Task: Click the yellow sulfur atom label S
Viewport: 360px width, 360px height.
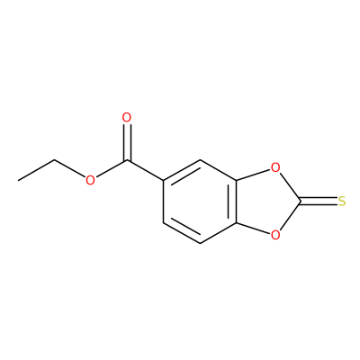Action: click(x=342, y=202)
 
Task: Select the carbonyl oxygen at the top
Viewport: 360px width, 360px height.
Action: click(x=127, y=118)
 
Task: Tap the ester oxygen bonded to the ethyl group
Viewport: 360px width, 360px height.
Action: click(x=90, y=180)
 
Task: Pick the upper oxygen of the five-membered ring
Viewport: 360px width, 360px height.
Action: click(x=275, y=168)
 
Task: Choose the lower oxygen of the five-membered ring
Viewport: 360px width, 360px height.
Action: click(x=275, y=235)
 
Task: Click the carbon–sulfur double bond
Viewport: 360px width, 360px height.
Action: click(x=319, y=202)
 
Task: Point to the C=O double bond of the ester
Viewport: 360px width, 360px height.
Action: click(x=127, y=141)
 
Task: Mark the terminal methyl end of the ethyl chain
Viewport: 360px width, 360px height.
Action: click(x=18, y=181)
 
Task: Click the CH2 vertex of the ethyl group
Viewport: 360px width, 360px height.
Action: click(x=55, y=159)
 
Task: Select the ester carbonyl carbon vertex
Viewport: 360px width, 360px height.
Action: click(x=127, y=160)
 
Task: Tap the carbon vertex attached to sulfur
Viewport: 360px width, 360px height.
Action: click(x=300, y=202)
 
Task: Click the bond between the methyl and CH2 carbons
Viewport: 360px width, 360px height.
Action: click(x=36, y=170)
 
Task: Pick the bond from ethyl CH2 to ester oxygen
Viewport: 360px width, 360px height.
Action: click(x=70, y=168)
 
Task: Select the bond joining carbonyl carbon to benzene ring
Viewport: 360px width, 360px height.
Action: click(x=146, y=170)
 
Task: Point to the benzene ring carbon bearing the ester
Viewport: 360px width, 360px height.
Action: click(x=164, y=181)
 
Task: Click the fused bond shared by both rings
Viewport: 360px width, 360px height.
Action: click(x=237, y=202)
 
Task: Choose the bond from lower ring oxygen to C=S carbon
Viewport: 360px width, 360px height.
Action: click(x=290, y=216)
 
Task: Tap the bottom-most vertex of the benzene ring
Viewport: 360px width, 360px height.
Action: click(x=200, y=243)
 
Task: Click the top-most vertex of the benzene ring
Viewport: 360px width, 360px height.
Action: click(x=200, y=160)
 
